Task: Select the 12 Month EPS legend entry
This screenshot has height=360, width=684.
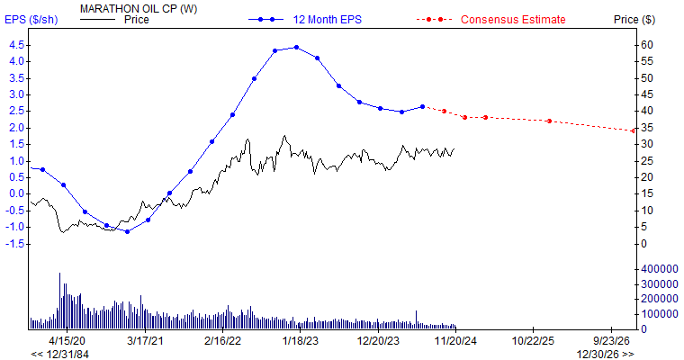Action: [x=320, y=19]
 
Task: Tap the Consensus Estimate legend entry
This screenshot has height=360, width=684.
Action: [x=512, y=19]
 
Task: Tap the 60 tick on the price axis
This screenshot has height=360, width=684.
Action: [x=647, y=44]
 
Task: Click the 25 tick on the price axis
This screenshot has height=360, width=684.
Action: [x=647, y=160]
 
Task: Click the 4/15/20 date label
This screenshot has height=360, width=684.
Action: [x=67, y=341]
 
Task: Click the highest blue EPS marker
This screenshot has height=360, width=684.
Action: [x=296, y=48]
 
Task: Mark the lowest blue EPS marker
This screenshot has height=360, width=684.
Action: [x=127, y=231]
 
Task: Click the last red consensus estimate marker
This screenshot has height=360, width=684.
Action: [x=633, y=130]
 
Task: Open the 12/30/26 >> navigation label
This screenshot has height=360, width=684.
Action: [x=605, y=354]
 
